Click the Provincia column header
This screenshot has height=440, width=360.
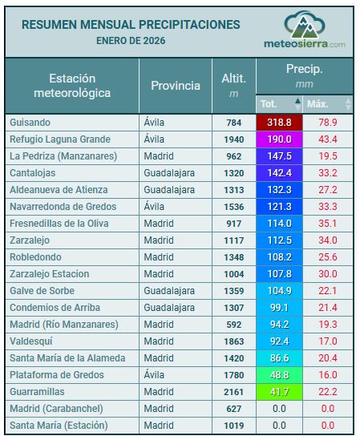pyautogui.click(x=176, y=86)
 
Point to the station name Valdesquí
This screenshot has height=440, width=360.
pyautogui.click(x=33, y=341)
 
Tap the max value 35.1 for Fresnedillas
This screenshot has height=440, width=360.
pyautogui.click(x=327, y=224)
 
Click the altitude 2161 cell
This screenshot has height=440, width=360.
pyautogui.click(x=233, y=392)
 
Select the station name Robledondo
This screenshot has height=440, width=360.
pyautogui.click(x=36, y=257)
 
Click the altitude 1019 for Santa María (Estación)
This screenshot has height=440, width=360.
pyautogui.click(x=233, y=426)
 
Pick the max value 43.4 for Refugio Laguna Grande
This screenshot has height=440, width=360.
pyautogui.click(x=327, y=139)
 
